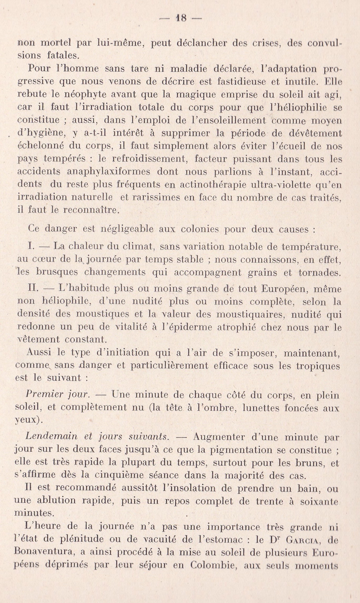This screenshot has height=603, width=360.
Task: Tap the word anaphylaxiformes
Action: [x=109, y=172]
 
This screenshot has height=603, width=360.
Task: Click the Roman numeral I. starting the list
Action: [x=31, y=247]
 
